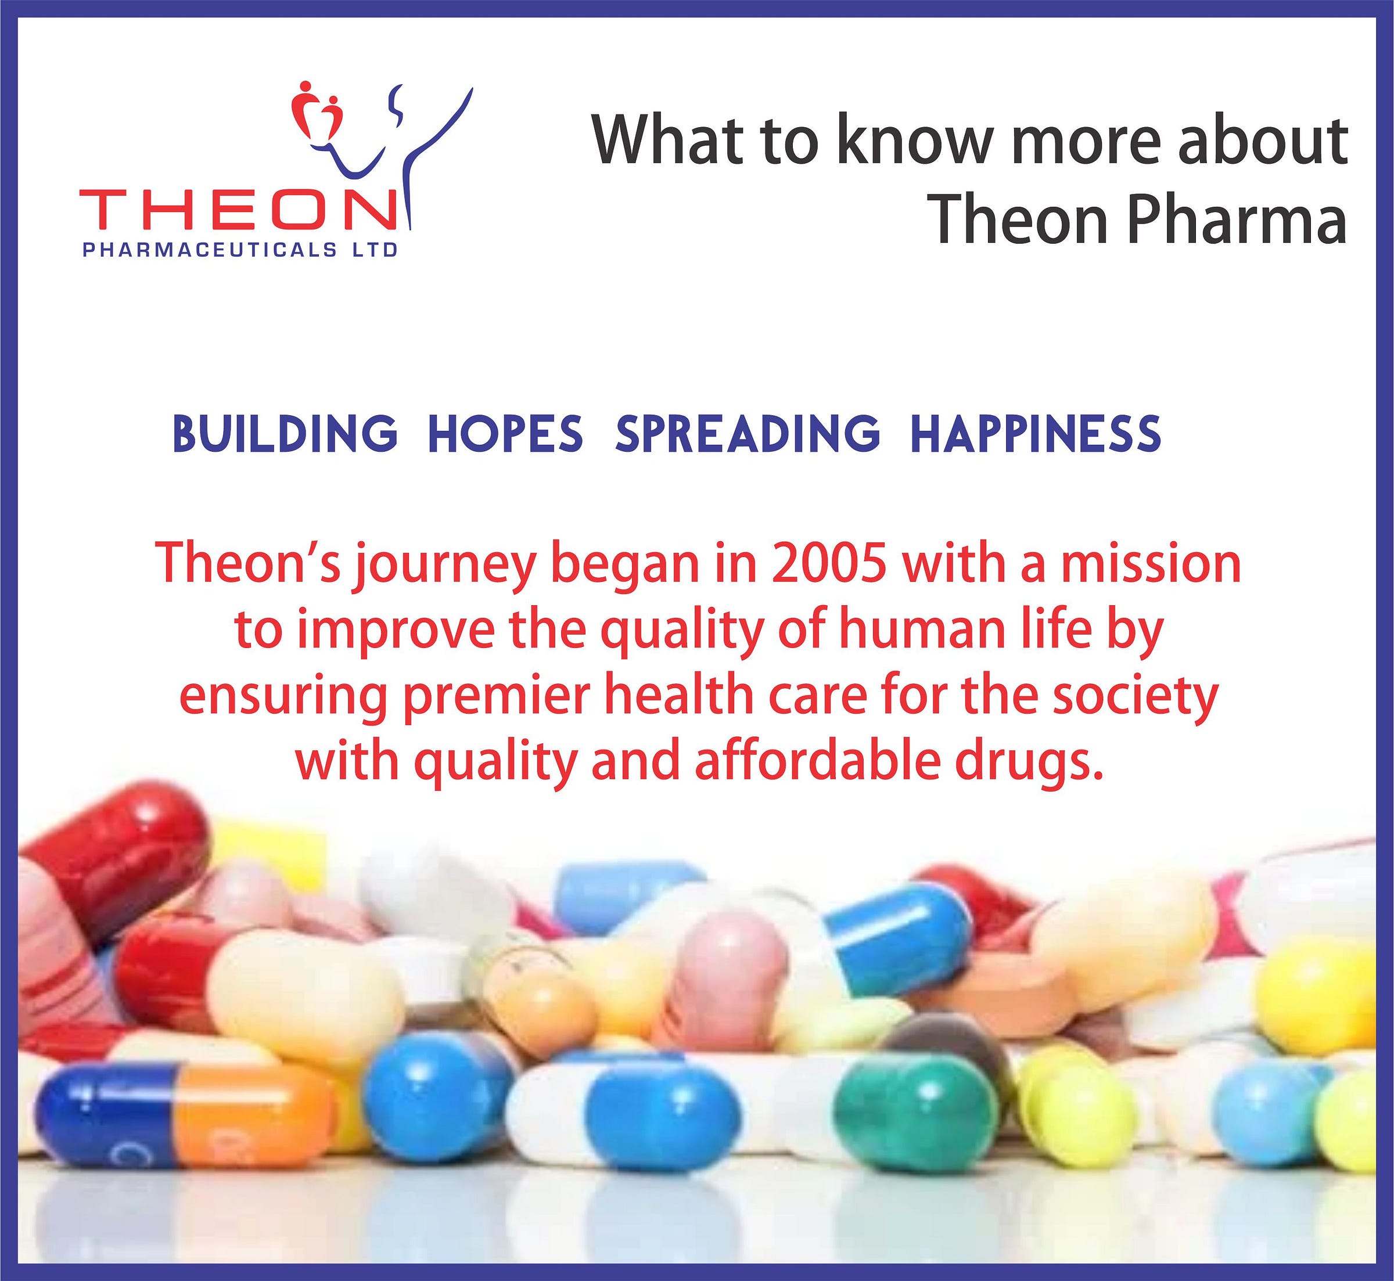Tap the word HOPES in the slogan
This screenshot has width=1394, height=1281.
point(505,433)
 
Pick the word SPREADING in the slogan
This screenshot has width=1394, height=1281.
point(748,433)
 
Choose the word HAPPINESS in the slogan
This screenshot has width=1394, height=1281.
point(1036,433)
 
